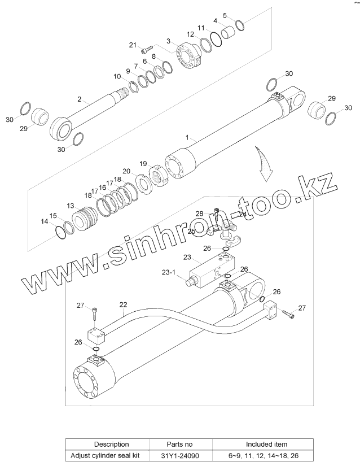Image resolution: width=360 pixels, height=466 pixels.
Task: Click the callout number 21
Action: (133, 45)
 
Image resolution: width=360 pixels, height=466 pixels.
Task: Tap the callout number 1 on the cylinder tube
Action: (188, 137)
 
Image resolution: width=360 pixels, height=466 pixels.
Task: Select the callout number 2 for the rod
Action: (80, 99)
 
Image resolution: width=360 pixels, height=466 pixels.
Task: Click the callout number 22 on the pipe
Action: (122, 304)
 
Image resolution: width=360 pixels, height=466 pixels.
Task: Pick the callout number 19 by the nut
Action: (143, 163)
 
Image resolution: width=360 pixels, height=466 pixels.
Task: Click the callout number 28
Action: (199, 213)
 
